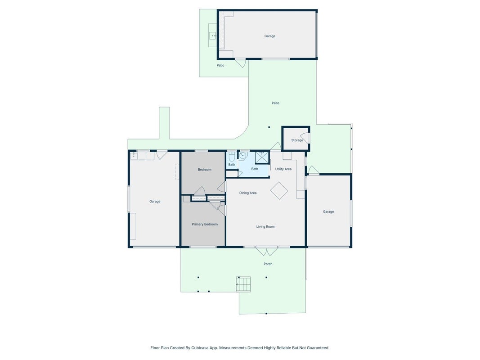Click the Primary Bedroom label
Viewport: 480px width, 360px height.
(x=205, y=224)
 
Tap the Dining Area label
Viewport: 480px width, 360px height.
(x=248, y=193)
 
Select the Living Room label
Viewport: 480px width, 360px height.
(x=265, y=226)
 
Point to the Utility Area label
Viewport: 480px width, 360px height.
(x=283, y=169)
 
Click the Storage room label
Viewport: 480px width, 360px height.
(x=297, y=140)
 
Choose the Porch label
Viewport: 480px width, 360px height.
(x=268, y=264)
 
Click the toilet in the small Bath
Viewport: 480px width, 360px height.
(x=232, y=157)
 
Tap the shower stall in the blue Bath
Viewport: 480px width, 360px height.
(x=262, y=157)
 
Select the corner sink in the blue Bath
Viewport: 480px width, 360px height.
(x=242, y=156)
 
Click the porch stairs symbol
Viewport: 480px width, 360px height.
(x=243, y=284)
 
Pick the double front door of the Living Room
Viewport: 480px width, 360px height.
(x=267, y=251)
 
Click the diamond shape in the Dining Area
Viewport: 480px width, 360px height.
(x=279, y=191)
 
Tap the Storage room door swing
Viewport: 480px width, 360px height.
(x=305, y=138)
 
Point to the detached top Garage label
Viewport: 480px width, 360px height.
(x=270, y=36)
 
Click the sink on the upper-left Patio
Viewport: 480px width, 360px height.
(x=213, y=36)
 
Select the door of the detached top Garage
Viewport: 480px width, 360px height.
(x=241, y=63)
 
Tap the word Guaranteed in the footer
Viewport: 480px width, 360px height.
(x=319, y=348)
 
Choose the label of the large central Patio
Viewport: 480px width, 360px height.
(x=275, y=103)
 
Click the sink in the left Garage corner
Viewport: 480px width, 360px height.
(x=134, y=156)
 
